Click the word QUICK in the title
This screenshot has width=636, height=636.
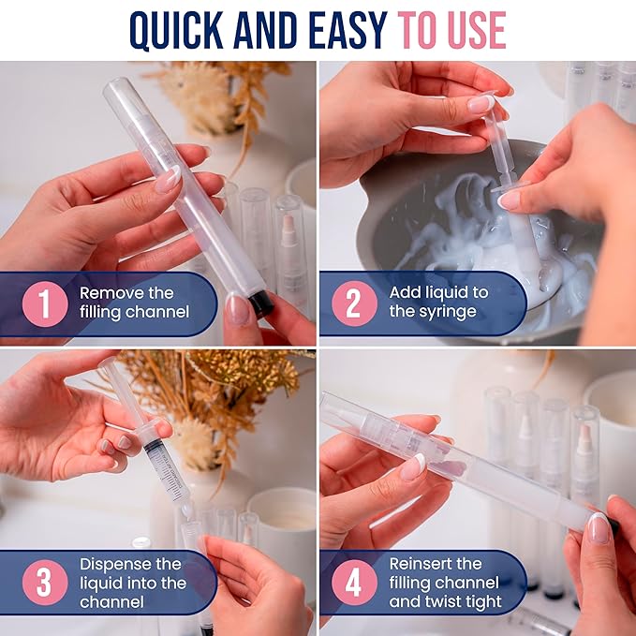pos(176,30)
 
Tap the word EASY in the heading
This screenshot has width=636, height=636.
pos(348,30)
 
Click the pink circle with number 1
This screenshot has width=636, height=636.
pos(45,303)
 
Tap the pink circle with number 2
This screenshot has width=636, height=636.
pos(354,303)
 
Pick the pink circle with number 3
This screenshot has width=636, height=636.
pos(45,583)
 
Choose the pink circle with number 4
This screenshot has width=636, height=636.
pos(354,583)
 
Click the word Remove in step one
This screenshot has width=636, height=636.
pos(107,293)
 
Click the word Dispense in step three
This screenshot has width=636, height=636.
pos(115,564)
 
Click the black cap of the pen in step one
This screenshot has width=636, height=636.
pos(260,303)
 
